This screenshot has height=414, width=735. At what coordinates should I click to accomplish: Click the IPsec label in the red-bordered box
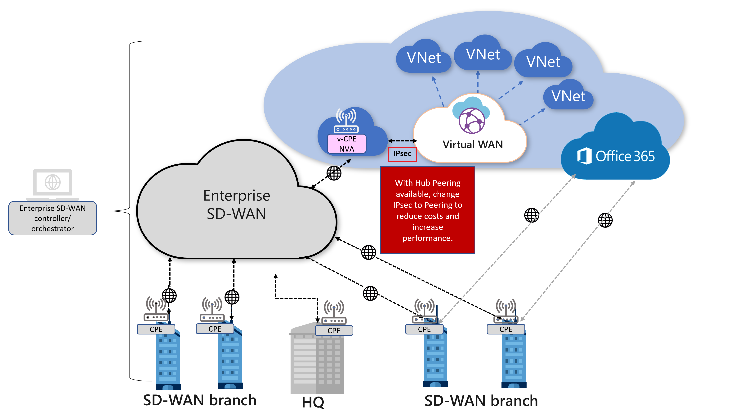pyautogui.click(x=402, y=154)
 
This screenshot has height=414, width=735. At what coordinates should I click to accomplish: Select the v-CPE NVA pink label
pyautogui.click(x=346, y=144)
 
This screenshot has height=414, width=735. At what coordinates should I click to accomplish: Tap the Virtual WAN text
pyautogui.click(x=473, y=144)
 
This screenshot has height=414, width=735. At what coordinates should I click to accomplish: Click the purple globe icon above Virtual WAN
pyautogui.click(x=472, y=121)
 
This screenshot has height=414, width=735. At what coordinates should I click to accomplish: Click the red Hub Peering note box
pyautogui.click(x=427, y=210)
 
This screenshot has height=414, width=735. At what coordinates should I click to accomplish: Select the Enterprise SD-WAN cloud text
pyautogui.click(x=237, y=204)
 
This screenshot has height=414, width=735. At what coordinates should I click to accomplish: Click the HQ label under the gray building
pyautogui.click(x=313, y=402)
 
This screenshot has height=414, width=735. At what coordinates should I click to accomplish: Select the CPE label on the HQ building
pyautogui.click(x=334, y=331)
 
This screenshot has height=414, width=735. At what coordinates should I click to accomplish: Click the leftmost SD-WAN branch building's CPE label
pyautogui.click(x=156, y=329)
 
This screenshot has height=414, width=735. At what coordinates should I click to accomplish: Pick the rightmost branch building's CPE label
pyautogui.click(x=506, y=329)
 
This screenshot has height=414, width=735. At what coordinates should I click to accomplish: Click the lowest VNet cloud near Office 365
pyautogui.click(x=568, y=96)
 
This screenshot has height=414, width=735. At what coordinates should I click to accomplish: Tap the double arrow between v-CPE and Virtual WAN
pyautogui.click(x=402, y=140)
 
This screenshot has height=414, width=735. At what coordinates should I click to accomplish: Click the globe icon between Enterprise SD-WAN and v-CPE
pyautogui.click(x=334, y=173)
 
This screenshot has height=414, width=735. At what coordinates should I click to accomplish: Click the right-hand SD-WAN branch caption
pyautogui.click(x=481, y=401)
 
